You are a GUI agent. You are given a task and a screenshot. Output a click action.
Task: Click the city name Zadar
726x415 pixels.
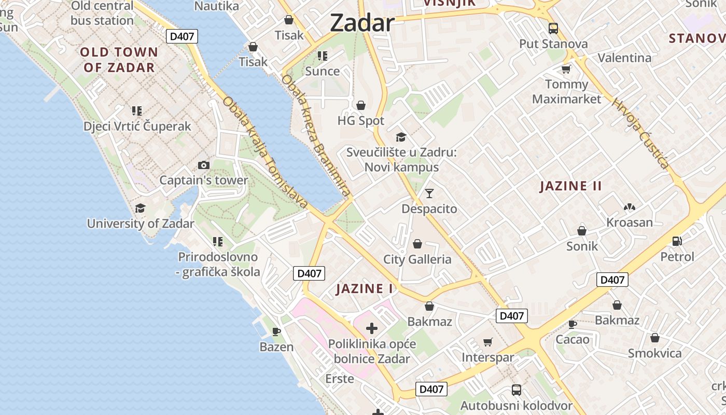coord(362,23)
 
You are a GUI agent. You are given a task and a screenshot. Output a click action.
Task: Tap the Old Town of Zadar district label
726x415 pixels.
coord(120,60)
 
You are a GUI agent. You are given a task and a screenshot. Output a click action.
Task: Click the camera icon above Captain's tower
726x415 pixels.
coord(204,165)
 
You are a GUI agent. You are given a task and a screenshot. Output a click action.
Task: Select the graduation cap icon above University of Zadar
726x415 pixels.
coord(140,209)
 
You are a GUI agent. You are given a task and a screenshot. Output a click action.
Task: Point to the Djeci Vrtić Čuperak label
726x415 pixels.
coord(137,126)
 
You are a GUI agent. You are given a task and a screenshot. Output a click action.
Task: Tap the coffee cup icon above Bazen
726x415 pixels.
coord(276,331)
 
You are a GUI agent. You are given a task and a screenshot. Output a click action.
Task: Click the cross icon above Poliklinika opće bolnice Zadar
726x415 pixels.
coord(372,328)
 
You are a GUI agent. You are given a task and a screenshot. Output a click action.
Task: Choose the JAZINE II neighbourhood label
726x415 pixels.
coord(570,186)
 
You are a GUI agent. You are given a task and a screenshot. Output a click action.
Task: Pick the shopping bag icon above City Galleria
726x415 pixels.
coord(417,244)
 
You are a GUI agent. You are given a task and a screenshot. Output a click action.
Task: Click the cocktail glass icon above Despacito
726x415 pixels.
coord(429,193)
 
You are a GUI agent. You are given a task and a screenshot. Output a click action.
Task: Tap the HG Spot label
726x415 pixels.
coord(361,121)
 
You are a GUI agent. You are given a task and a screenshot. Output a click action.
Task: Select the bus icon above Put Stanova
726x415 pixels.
coord(553,28)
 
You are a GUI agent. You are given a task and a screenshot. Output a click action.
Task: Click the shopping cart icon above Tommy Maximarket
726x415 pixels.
coord(566,69)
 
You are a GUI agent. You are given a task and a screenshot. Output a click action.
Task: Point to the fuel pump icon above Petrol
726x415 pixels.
coord(677,241)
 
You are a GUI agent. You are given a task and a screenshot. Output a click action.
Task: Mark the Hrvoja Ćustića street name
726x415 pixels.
coord(640,133)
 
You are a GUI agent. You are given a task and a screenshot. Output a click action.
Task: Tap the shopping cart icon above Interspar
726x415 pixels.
coord(487,342)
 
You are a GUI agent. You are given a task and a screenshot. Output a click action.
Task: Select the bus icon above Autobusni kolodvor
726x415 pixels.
coord(516,390)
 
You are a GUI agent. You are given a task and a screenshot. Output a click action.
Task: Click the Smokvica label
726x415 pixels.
coord(655,353)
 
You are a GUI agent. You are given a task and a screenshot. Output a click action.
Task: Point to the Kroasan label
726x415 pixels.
coord(630,223)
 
